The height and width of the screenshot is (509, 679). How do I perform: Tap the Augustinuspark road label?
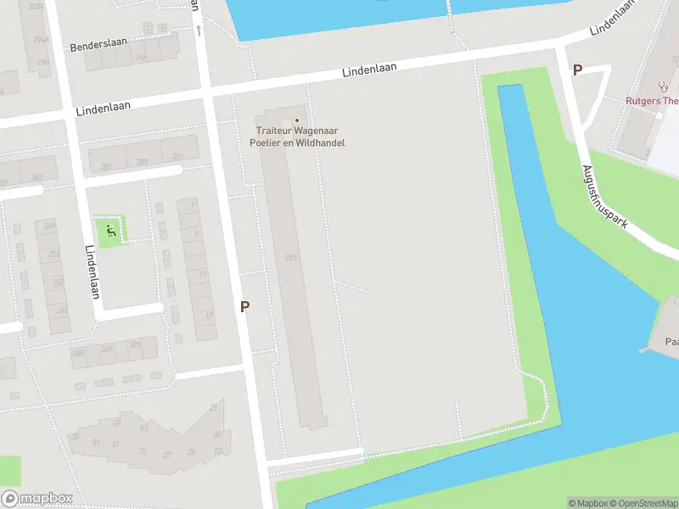pos(605,197)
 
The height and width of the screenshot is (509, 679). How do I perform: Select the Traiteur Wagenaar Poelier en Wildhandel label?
pos(302,136)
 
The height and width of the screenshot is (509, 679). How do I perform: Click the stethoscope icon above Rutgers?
pos(663,87)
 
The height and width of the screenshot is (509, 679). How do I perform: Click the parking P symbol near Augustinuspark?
pos(578,71)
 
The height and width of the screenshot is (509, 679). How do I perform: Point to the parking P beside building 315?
pos(245,307)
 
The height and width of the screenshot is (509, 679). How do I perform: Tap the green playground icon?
pos(109,230)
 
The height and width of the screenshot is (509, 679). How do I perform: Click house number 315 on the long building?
pos(291,258)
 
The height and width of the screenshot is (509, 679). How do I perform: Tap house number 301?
pos(177,158)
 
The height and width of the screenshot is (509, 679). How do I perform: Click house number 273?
pos(135,345)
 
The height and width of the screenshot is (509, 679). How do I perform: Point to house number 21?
pos(214,408)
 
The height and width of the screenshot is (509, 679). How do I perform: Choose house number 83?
pos(218,450)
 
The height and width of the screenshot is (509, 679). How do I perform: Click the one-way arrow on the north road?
pos(199,31)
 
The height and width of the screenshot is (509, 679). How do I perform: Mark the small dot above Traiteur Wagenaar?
pos(297,120)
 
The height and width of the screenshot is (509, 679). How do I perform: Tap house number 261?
pos(62,310)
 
